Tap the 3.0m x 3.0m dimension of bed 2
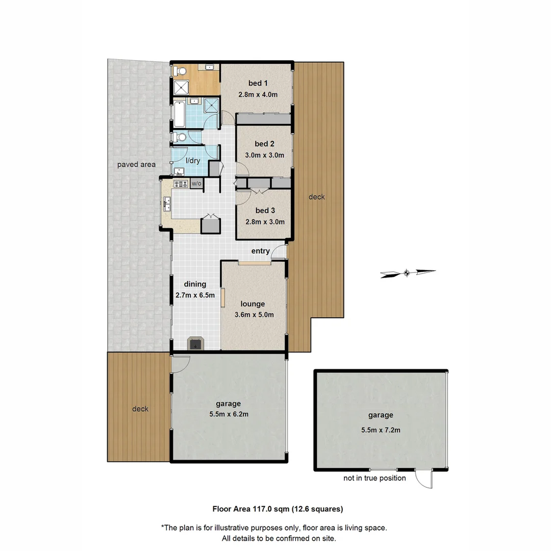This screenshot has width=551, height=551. click(262, 156)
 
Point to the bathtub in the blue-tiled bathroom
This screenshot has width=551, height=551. click(179, 114)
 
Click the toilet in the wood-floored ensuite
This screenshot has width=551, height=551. click(179, 70)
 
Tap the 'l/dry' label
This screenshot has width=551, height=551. click(193, 160)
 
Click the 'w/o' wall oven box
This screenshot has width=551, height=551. click(196, 184)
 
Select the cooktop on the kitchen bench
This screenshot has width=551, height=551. click(181, 184)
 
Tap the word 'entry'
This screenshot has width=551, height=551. click(260, 251)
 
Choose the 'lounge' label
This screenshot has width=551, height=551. click(253, 304)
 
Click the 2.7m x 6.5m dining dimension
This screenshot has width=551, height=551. click(195, 295)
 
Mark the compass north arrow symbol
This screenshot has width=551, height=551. click(407, 273)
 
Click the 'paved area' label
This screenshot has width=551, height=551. click(136, 164)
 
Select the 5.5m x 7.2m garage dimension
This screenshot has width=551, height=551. click(380, 430)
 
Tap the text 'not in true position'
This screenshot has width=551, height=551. click(374, 478)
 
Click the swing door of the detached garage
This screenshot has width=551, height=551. click(424, 479)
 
